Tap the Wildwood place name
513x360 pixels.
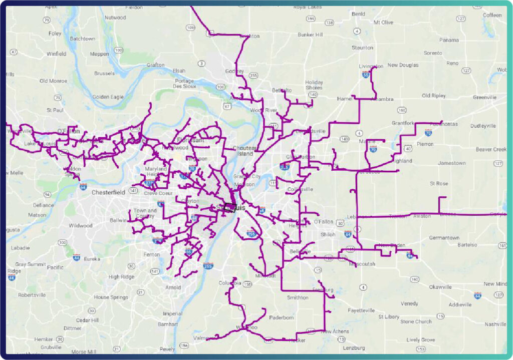point(81,225)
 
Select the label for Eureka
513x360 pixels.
point(92,259)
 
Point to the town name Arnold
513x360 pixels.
point(173,287)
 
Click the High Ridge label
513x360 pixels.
point(121,276)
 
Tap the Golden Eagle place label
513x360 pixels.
point(108,97)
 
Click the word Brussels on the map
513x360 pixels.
point(104,73)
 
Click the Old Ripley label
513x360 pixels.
point(434,95)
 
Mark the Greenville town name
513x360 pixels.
point(484,97)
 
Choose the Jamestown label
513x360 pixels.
point(451,163)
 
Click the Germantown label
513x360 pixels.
point(444,238)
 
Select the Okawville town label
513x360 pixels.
point(440,287)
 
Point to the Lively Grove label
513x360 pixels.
point(421,340)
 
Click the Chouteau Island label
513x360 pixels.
point(245,151)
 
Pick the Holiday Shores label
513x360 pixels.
point(314,85)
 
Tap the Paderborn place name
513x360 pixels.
point(281,317)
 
